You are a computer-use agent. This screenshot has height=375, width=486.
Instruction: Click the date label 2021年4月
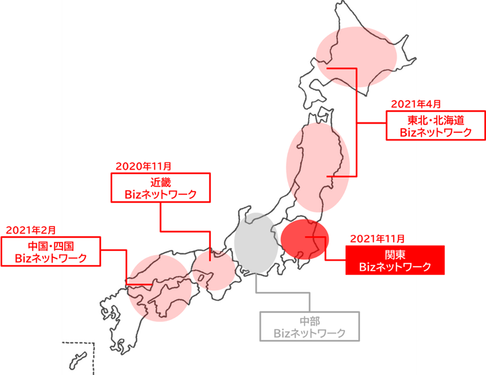416,104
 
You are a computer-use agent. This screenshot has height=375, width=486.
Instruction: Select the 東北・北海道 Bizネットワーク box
435,126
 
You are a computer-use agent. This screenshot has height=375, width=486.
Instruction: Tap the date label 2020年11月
143,166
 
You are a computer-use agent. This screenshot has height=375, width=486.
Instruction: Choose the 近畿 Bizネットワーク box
161,188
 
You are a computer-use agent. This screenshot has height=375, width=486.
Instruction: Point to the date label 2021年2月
31,230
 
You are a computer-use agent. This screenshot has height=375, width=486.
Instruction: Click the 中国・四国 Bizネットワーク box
51,251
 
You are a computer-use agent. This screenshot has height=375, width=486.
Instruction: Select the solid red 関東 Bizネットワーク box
394,260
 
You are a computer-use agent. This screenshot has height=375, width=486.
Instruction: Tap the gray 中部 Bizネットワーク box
310,326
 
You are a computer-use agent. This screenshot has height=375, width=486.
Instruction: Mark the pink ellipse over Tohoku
318,166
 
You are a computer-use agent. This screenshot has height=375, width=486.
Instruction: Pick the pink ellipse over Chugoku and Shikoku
160,288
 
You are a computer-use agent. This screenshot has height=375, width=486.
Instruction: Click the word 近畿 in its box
161,182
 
